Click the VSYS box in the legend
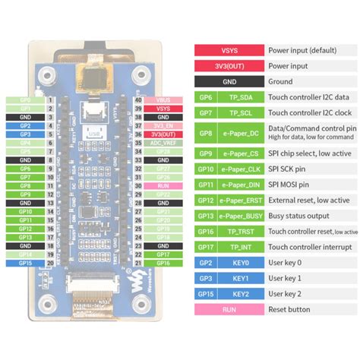(229, 50)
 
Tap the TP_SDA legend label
(241, 98)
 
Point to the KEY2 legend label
(241, 294)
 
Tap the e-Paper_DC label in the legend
(241, 134)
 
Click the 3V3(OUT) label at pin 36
(163, 134)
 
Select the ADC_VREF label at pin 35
(163, 143)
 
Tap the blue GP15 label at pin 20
(25, 263)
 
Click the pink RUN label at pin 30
(163, 185)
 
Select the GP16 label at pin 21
(163, 263)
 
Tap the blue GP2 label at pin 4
(25, 126)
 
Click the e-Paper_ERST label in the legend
(241, 200)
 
